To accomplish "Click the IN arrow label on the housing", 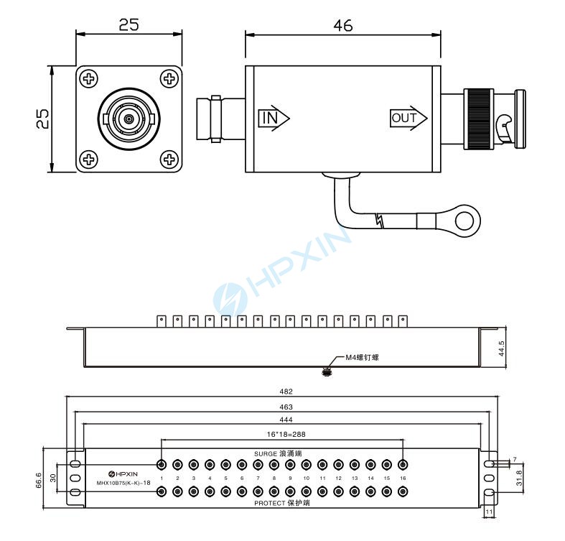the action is point(274,118).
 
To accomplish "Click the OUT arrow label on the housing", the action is point(408,118).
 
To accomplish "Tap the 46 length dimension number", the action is point(343,26).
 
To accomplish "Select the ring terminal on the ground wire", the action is point(464,221).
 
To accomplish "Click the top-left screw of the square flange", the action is point(88,78).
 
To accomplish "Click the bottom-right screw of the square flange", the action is point(169,159).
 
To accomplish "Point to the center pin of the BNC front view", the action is point(129,119).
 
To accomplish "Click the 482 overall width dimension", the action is point(286,392).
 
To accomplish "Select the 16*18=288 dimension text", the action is point(286,434).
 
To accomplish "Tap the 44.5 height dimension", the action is point(501,348).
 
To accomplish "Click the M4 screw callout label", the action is point(362,357).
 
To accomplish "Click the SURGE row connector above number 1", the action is point(162,465).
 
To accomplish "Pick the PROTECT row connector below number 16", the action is point(403,491).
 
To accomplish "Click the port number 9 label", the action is point(290,478).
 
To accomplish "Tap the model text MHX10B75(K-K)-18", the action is point(123,483).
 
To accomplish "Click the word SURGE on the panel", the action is point(266,454).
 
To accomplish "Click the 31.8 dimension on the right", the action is point(519,478).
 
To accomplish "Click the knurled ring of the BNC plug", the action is point(479,119).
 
